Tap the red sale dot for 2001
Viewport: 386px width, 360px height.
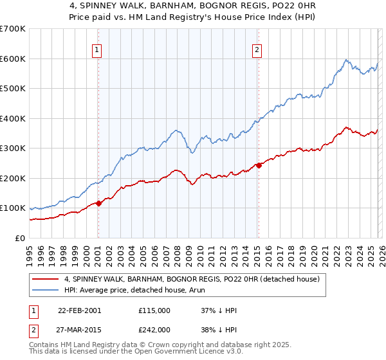(x=98, y=204)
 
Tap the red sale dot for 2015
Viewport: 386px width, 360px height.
(x=259, y=166)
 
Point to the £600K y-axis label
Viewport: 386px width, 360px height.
(x=13, y=59)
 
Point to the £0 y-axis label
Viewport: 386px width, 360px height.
(x=21, y=238)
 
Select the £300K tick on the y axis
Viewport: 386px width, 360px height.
(x=13, y=148)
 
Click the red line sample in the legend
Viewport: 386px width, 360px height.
(x=46, y=279)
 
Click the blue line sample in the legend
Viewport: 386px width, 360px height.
(x=46, y=290)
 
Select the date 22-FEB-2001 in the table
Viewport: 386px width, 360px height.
(x=79, y=310)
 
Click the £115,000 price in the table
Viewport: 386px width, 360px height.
(x=154, y=310)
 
